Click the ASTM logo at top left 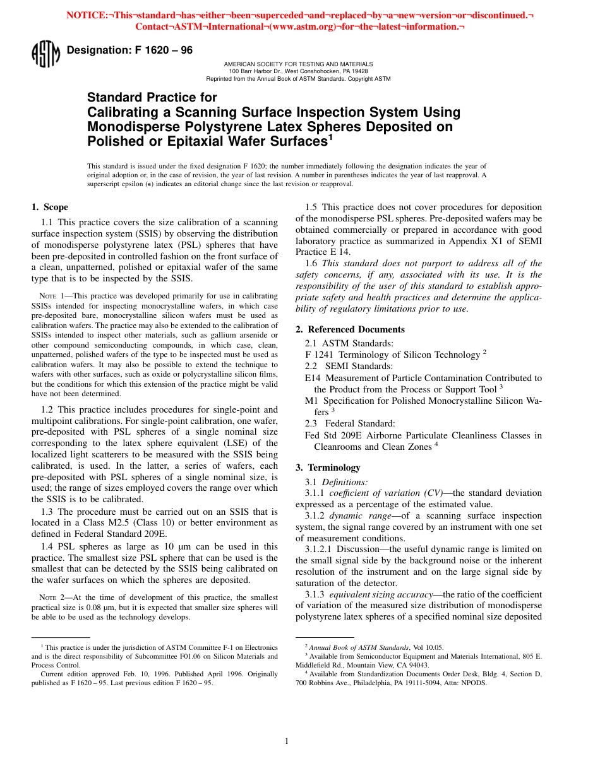point(45,54)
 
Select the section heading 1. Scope point(50,207)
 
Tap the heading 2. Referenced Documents point(350,329)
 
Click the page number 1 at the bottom point(287,741)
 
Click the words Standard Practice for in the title point(152,98)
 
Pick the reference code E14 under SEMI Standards point(313,378)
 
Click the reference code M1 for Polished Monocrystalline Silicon point(311,401)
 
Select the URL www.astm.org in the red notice point(303,26)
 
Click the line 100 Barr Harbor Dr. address point(298,71)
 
